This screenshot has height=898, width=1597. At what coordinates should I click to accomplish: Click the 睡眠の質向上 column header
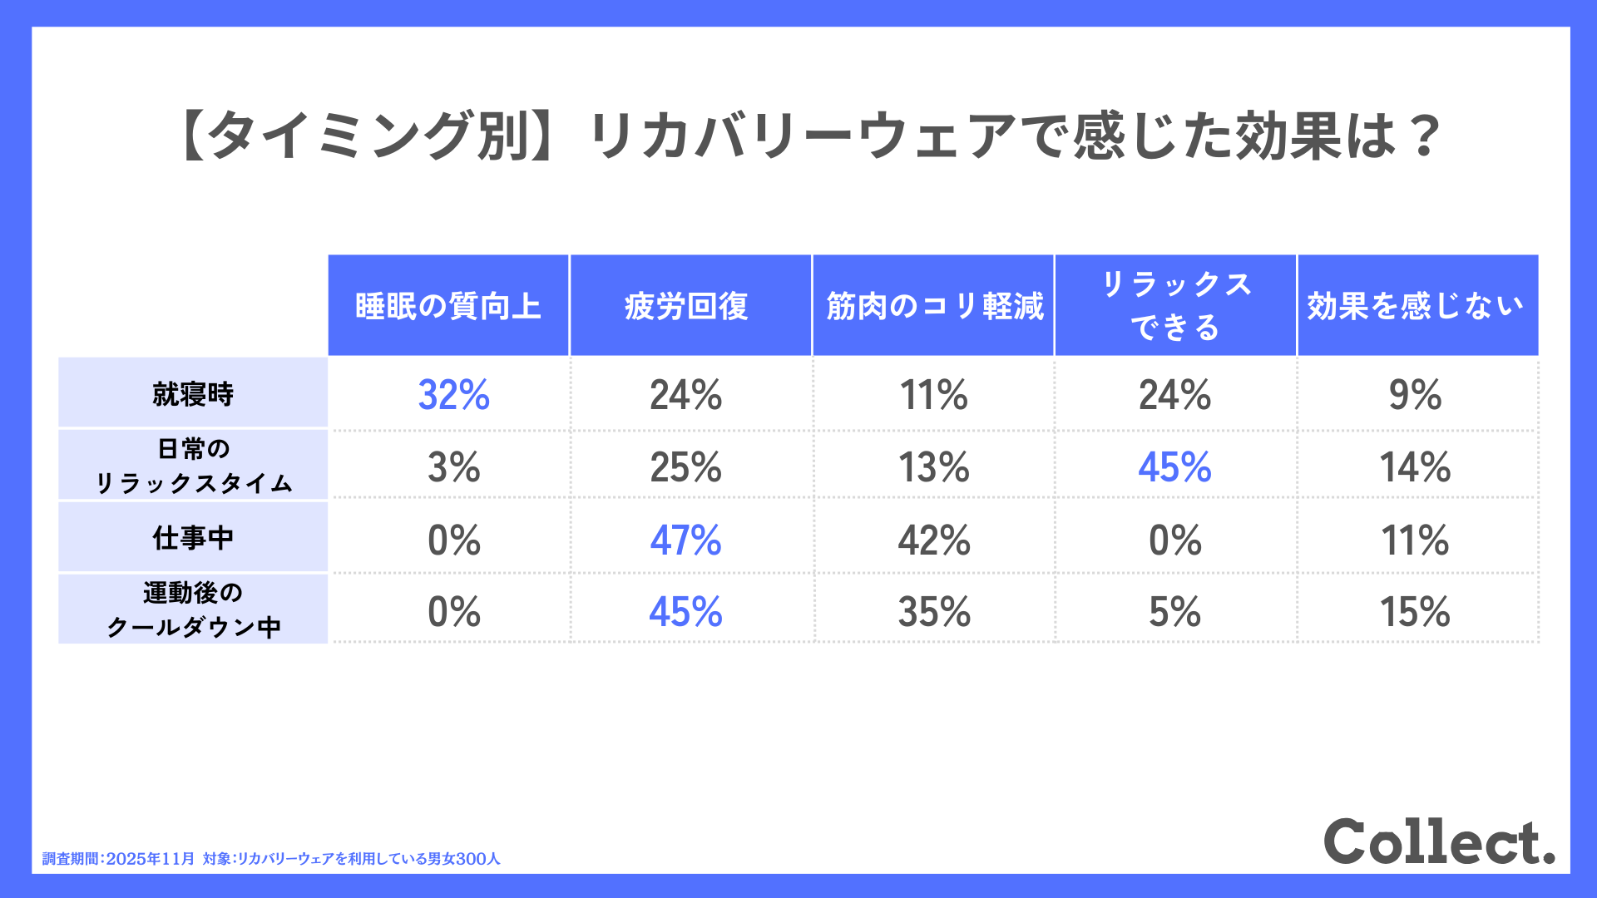[448, 306]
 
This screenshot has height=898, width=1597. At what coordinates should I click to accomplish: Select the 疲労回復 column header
[687, 306]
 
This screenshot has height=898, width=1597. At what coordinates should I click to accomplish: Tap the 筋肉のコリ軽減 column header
[934, 306]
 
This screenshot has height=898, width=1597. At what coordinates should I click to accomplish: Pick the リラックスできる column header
[1175, 305]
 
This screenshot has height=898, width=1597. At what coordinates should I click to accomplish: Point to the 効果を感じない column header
[1416, 306]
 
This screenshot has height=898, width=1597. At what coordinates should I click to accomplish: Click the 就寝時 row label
[193, 393]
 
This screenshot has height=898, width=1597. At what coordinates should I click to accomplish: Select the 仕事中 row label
[193, 538]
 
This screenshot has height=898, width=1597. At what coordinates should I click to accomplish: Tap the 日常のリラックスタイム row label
[193, 466]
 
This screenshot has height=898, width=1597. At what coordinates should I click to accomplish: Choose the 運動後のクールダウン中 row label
[193, 609]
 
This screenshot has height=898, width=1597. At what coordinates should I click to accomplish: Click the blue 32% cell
[453, 395]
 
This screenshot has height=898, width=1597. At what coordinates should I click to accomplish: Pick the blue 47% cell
[686, 540]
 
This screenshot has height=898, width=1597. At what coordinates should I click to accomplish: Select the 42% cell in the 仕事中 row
[934, 540]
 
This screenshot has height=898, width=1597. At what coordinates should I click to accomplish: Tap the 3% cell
[453, 467]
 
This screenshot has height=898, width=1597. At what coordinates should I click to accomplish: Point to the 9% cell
[1415, 395]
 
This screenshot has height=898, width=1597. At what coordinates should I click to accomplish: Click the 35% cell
[934, 612]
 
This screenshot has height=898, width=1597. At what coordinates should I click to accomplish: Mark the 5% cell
[1174, 612]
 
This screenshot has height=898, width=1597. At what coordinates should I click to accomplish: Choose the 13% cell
[934, 467]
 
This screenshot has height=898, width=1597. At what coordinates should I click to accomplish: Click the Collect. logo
[1439, 841]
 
